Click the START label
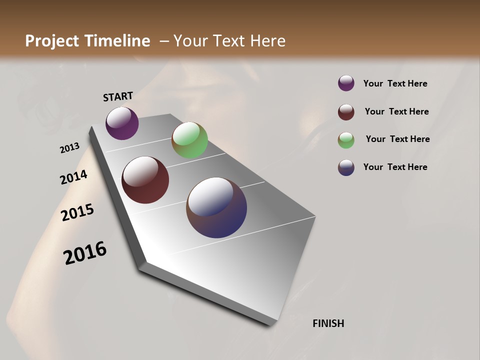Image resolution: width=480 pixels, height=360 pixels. (x=118, y=96)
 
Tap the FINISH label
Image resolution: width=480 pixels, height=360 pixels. (x=328, y=323)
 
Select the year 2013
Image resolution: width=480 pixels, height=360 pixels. (x=69, y=148)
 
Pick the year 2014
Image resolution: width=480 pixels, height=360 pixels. (x=73, y=177)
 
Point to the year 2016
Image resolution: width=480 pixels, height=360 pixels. (x=85, y=253)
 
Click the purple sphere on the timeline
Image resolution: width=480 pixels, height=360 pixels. (x=122, y=123)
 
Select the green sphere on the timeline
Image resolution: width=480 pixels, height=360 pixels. (x=189, y=140)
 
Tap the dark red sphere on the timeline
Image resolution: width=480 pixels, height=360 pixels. (x=145, y=180)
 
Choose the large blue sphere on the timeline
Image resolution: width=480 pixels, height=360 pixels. (x=216, y=207)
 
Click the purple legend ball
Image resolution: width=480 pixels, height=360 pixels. (x=346, y=83)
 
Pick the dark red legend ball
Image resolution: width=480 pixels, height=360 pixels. (x=346, y=112)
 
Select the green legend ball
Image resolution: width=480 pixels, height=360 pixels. (x=346, y=140)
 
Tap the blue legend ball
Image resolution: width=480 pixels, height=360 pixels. (x=346, y=167)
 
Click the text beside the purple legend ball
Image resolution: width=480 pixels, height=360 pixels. (x=395, y=84)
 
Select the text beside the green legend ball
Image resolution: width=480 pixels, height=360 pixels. (x=397, y=139)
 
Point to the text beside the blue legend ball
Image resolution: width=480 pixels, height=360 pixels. (x=395, y=167)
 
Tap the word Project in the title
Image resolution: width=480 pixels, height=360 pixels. (x=51, y=41)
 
